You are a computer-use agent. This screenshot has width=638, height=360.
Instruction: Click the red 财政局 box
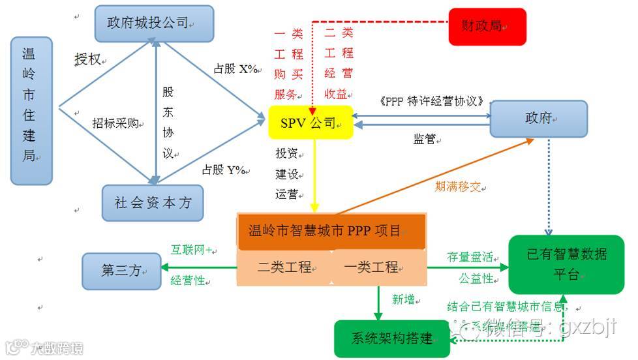(x=487, y=26)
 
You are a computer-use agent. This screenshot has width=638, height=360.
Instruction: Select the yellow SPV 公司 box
(x=311, y=122)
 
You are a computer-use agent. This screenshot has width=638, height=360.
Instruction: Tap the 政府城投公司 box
(x=154, y=23)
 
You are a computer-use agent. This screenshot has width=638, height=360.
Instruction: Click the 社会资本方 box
(x=153, y=203)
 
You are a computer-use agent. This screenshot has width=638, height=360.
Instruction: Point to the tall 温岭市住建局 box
(x=31, y=110)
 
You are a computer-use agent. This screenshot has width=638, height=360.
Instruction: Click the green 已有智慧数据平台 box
(x=566, y=263)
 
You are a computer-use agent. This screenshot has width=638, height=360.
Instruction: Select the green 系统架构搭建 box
(x=391, y=338)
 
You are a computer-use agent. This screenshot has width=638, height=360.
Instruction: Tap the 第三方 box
(x=121, y=271)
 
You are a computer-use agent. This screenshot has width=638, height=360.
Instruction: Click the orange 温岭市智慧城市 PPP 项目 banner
(x=331, y=231)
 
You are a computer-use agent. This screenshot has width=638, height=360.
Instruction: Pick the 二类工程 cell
(x=284, y=267)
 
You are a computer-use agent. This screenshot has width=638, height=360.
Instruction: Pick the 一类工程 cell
(x=377, y=267)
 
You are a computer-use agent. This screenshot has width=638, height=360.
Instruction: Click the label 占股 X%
(x=235, y=69)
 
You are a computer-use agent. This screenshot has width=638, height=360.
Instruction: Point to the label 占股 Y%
(x=224, y=170)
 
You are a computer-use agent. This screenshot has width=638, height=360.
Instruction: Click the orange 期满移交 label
(x=458, y=187)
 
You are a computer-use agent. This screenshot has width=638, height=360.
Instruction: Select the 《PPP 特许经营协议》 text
(x=431, y=101)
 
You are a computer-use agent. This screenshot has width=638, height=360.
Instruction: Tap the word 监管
(x=424, y=139)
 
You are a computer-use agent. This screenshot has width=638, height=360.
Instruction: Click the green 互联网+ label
(x=192, y=249)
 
